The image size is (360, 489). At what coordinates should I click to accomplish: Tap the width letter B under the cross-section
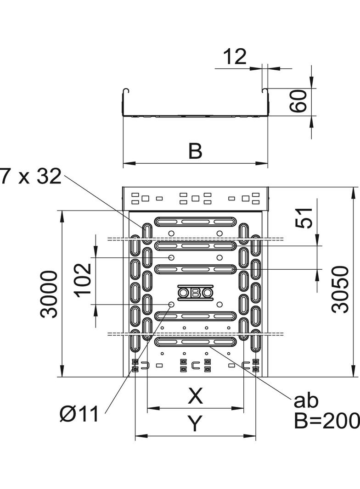click(195, 151)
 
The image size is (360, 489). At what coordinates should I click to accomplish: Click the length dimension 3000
click(49, 294)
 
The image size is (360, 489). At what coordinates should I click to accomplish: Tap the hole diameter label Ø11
click(79, 415)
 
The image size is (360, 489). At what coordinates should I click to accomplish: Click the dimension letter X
click(195, 396)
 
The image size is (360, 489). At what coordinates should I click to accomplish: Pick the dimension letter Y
click(195, 424)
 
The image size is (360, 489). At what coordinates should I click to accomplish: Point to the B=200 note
click(326, 421)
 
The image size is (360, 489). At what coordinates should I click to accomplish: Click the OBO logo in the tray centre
click(195, 293)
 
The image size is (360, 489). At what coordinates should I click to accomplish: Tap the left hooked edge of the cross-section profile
click(125, 92)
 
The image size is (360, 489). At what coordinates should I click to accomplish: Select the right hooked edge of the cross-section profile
click(265, 92)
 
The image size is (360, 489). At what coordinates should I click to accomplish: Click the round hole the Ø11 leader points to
click(171, 305)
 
